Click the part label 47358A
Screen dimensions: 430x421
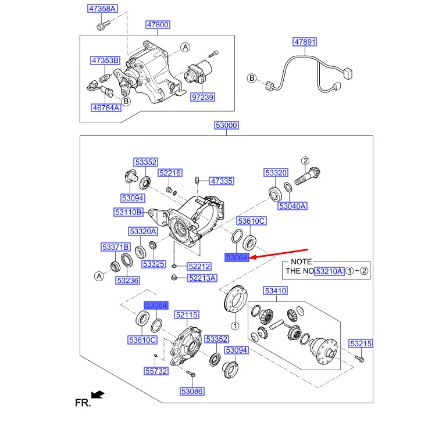pyautogui.click(x=102, y=8)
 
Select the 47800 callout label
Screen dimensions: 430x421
pyautogui.click(x=158, y=25)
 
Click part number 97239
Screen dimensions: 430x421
pyautogui.click(x=203, y=97)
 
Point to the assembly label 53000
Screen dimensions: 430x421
pyautogui.click(x=226, y=126)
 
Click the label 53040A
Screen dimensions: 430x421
pyautogui.click(x=292, y=206)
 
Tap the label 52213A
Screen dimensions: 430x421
pyautogui.click(x=202, y=278)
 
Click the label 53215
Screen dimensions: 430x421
pyautogui.click(x=361, y=344)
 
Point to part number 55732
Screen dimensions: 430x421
pyautogui.click(x=156, y=370)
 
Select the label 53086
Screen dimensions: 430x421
pyautogui.click(x=192, y=392)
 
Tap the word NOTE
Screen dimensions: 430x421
pyautogui.click(x=301, y=261)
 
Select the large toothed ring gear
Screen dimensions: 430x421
pyautogui.click(x=233, y=300)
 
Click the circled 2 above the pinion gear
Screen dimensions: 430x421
pyautogui.click(x=305, y=161)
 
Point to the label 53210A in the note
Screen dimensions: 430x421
pyautogui.click(x=329, y=271)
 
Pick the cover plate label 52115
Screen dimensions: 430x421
pyautogui.click(x=187, y=315)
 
